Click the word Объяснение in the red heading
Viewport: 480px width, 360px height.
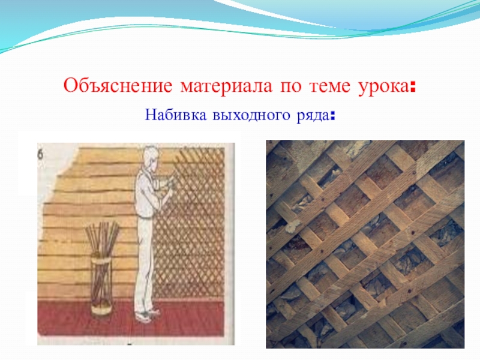[x=118, y=86]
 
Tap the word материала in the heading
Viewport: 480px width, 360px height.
[x=226, y=87]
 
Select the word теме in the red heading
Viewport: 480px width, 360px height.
[x=329, y=87]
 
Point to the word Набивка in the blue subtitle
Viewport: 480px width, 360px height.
[x=176, y=115]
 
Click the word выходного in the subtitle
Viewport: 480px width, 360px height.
[x=251, y=116]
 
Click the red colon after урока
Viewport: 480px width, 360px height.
[x=413, y=88]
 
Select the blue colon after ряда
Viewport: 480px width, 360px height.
[x=333, y=116]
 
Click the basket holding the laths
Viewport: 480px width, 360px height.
[x=101, y=284]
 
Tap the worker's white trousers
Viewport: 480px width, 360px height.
[x=144, y=263]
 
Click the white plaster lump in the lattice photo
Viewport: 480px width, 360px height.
[x=291, y=226]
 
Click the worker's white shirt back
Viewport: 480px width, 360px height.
[x=144, y=196]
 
